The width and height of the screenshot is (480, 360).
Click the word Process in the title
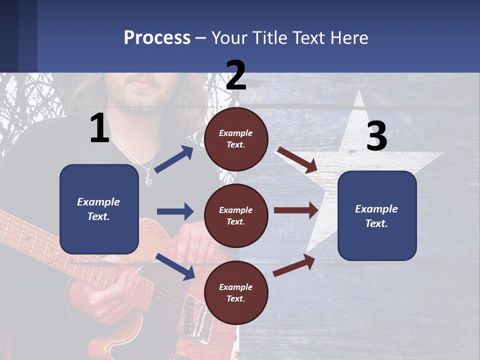coord(157,38)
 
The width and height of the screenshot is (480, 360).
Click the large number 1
coord(99,128)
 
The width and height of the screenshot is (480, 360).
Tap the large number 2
coord(236,75)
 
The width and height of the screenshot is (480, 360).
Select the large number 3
coord(376,136)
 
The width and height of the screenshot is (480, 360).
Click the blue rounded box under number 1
coord(99,209)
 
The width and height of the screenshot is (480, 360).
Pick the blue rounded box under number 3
coord(377,216)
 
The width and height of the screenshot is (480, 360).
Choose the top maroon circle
coord(236,139)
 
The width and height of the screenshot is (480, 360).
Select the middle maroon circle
coord(236,215)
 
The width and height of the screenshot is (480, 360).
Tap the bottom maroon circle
coord(236,292)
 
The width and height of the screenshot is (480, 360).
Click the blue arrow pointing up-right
coord(174,159)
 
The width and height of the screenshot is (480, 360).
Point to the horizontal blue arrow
coord(175,211)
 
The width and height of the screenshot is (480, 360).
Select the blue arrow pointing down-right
coord(175,266)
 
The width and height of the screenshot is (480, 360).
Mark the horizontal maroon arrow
coord(296,210)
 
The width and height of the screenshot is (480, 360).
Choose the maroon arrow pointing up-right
coord(294,265)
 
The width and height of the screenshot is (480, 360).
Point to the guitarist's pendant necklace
coord(148,178)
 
